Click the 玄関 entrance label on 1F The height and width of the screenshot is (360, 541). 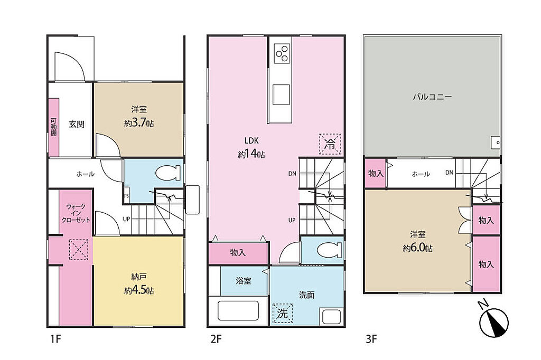[76, 124]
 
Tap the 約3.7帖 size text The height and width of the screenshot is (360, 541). [139, 123]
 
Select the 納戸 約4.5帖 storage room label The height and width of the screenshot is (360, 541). [139, 283]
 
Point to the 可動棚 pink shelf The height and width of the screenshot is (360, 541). [53, 127]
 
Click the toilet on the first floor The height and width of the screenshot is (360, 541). [168, 173]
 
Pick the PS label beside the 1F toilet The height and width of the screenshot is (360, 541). [126, 196]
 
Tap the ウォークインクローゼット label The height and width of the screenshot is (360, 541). [76, 213]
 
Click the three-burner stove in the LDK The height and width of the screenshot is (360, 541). [282, 53]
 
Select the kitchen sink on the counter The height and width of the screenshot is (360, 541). [281, 94]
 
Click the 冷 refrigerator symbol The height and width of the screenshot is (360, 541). [330, 144]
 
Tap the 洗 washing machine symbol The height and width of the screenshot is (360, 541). [283, 313]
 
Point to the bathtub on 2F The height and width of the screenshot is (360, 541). [238, 310]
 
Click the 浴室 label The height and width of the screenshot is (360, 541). [243, 281]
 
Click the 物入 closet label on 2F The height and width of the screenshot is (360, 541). [238, 253]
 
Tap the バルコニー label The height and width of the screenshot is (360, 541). [432, 97]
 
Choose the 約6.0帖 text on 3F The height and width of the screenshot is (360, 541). [417, 248]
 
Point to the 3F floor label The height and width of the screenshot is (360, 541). [371, 339]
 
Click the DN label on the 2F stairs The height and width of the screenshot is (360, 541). [292, 174]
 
